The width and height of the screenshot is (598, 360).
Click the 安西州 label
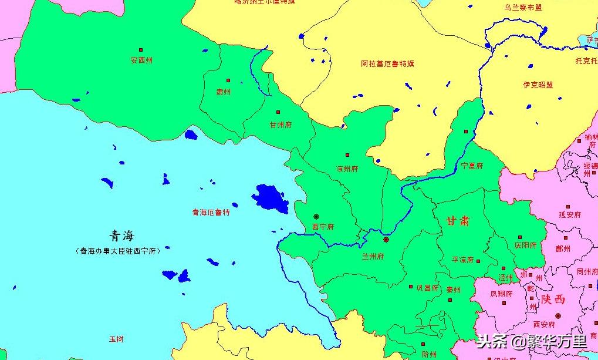coord(141,60)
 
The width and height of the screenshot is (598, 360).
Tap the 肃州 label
coord(224,92)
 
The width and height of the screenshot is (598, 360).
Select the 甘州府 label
coord(280,125)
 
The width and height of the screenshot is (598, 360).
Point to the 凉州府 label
coord(347,169)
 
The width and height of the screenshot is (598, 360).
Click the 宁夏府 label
coord(472,166)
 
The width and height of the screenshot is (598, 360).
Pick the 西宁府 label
coord(323,227)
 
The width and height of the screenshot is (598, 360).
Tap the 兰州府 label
coord(373,256)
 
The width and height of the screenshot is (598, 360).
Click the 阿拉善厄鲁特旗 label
coord(387,63)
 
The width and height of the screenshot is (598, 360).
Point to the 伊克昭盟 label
coord(538,85)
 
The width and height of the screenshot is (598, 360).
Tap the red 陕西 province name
coord(553,299)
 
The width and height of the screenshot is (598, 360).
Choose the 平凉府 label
coord(462,260)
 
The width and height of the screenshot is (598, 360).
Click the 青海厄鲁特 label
coord(211,213)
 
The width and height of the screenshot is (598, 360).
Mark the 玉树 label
coord(116,339)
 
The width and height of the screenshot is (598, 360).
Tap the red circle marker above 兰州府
coord(386,240)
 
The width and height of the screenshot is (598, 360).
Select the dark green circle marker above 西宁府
coord(316,217)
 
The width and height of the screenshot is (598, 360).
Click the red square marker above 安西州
coord(140,50)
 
